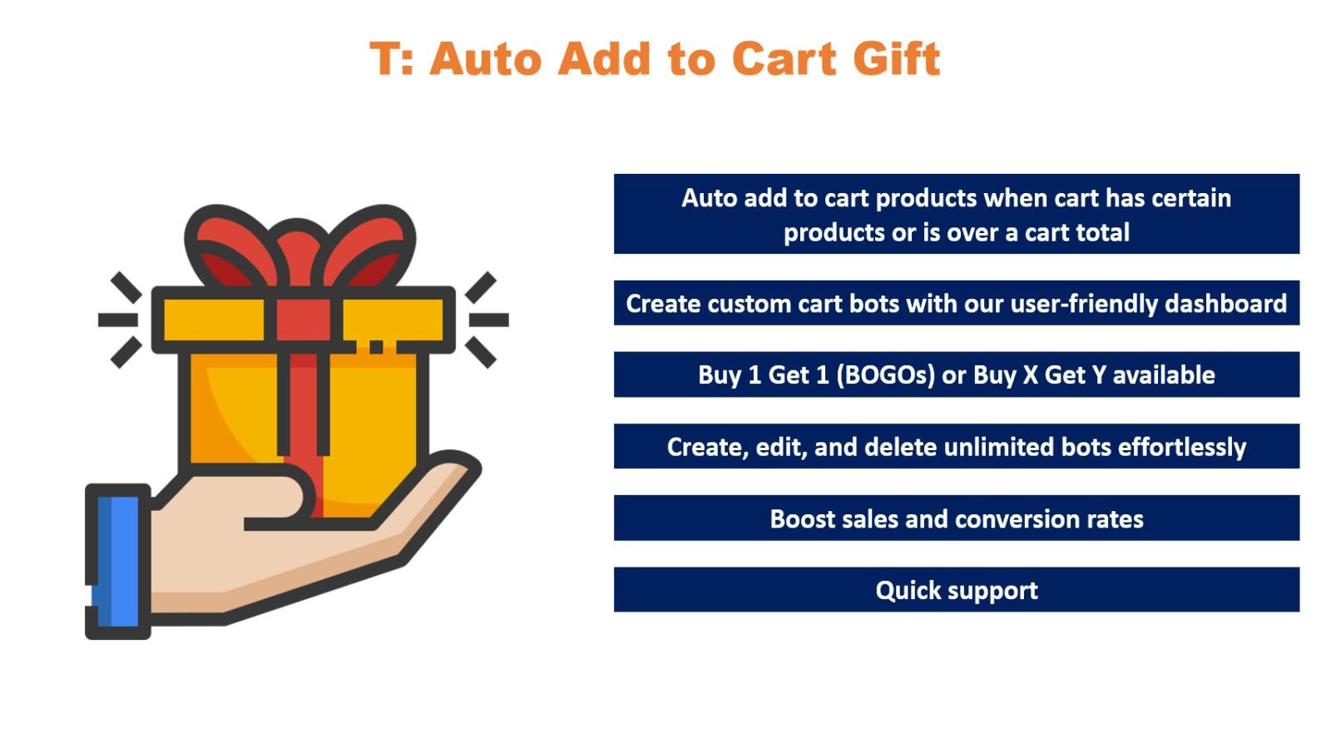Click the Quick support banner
pos(956,590)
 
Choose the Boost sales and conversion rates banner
pos(956,518)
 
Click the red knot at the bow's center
pos(297,250)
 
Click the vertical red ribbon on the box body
pos(304,399)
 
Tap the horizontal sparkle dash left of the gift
pos(117,320)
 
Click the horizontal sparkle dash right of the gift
pos(488,320)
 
